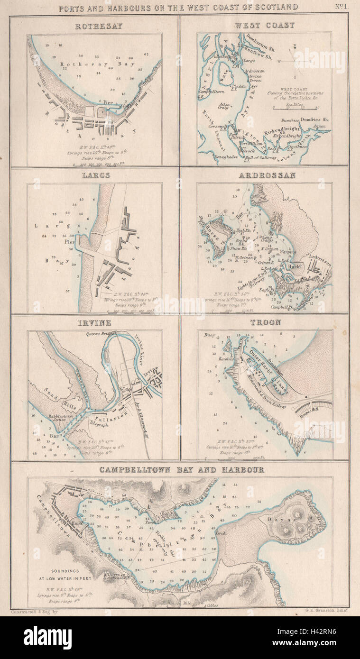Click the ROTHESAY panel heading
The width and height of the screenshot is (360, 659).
click(x=99, y=26)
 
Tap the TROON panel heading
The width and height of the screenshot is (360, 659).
click(x=266, y=322)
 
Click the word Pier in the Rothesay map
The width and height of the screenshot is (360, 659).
click(x=109, y=102)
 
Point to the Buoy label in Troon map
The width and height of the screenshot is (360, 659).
click(x=210, y=335)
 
